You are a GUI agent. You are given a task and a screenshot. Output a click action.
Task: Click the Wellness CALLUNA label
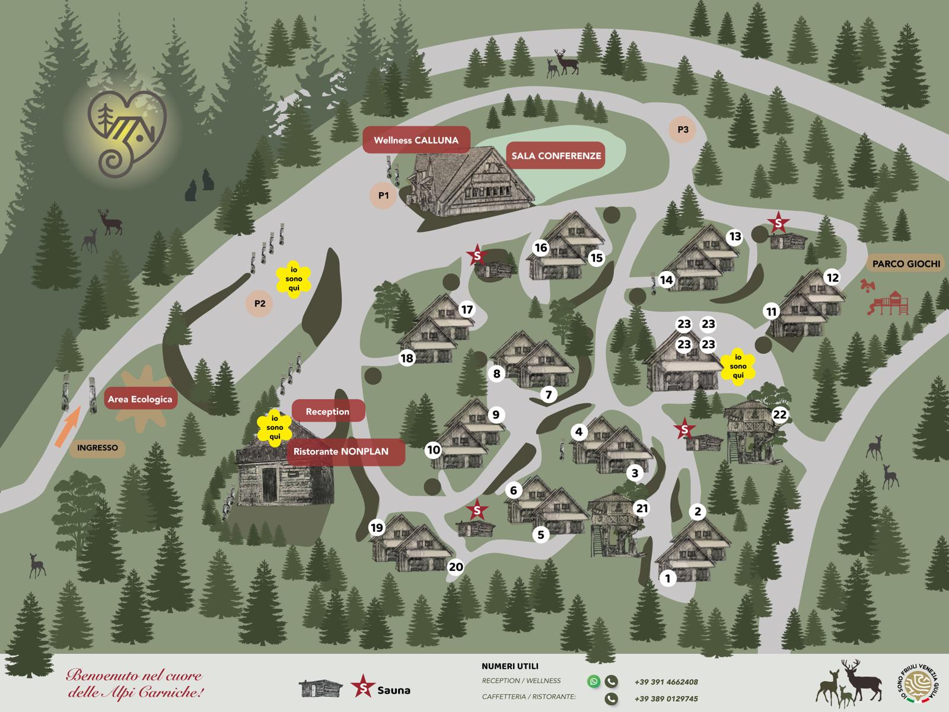pos(416,141)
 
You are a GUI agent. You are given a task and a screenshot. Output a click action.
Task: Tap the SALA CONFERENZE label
pos(555,156)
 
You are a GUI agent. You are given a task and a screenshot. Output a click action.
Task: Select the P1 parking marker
pos(383,195)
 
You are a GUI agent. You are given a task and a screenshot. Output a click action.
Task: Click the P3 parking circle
pos(683,129)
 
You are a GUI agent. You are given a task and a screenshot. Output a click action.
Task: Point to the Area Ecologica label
pos(140,400)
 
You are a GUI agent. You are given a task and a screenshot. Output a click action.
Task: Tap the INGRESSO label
pos(97,448)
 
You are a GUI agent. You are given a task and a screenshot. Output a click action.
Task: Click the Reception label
pos(327,411)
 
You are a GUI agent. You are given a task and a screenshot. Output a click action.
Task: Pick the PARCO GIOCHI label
pos(906,264)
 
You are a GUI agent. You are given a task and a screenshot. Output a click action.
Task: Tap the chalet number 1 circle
pos(668,578)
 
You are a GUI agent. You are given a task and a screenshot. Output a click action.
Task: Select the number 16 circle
pos(540,248)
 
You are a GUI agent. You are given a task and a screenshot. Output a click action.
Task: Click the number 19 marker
pos(377,528)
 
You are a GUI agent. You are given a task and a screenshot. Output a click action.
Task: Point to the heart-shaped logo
pos(125,133)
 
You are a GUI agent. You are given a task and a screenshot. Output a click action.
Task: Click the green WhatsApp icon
pos(594,681)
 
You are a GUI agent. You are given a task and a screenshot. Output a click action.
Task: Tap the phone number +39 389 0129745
pos(666,699)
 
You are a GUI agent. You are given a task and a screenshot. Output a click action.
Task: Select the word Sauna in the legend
pos(394,690)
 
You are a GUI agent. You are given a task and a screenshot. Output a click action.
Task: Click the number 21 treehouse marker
pos(642,508)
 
